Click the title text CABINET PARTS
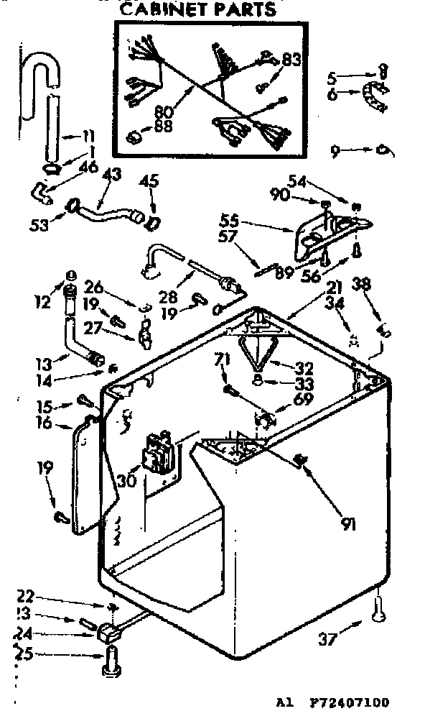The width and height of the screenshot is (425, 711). pos(197,9)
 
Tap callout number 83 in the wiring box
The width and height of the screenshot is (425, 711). pos(290,60)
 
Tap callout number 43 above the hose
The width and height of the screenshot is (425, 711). pos(111,174)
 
